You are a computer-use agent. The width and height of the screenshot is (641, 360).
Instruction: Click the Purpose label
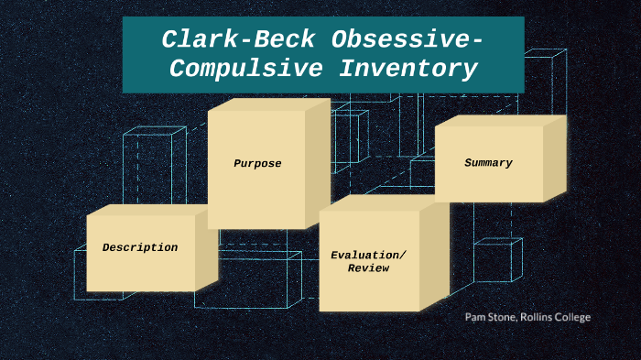point(257,164)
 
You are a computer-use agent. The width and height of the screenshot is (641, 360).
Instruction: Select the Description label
point(140,247)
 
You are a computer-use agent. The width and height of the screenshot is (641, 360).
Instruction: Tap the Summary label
point(488,163)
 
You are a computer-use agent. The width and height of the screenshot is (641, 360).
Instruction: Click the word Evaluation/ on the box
point(369,255)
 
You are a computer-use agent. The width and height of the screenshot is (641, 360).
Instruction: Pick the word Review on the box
point(369,268)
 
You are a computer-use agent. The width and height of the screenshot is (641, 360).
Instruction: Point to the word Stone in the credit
point(506,317)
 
